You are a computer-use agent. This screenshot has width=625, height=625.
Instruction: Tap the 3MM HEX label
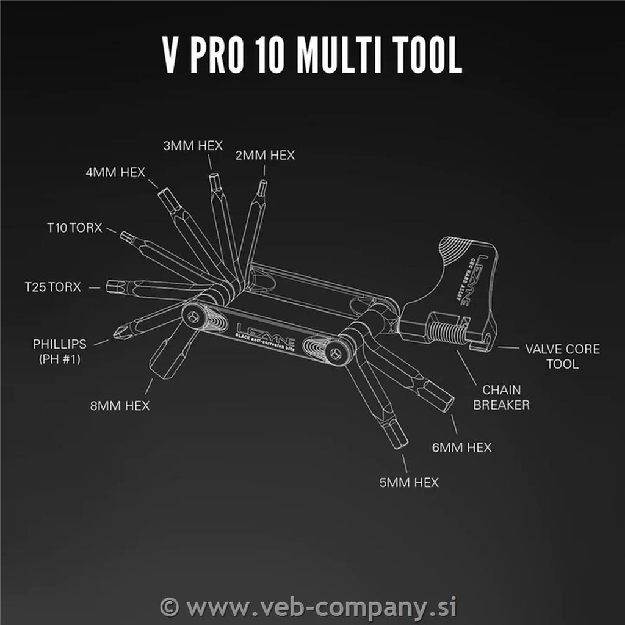pos(193,145)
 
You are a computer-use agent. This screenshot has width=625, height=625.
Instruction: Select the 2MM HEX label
pos(265,155)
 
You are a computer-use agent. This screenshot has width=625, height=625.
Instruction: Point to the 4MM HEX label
pos(115,172)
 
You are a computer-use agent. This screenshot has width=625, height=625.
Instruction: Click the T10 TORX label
pos(74,228)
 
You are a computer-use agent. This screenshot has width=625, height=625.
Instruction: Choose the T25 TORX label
pos(53,287)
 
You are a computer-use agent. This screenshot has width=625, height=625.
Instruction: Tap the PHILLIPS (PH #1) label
pos(60,351)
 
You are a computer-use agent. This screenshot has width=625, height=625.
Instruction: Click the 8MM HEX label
pos(120,405)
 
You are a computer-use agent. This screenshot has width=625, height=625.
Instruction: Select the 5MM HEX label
pos(409,482)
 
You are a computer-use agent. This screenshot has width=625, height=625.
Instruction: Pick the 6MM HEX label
pos(462,447)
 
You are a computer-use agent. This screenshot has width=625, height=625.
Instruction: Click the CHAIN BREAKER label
pos(502,397)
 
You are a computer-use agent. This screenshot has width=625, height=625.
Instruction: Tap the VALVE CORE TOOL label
pos(562,356)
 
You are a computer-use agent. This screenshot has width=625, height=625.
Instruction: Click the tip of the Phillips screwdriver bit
pos(114,334)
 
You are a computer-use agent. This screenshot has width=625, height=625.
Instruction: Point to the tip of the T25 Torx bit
pos(107,286)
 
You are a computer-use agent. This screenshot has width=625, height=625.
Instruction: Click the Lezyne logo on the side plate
pos(266,334)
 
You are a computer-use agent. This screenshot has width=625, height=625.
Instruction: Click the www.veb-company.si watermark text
pos(308,607)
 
